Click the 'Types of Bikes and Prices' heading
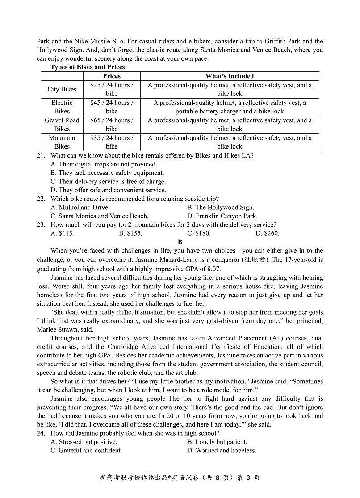[x=88, y=67]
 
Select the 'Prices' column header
[x=112, y=76]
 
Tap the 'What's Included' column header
[x=230, y=76]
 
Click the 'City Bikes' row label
[x=62, y=89]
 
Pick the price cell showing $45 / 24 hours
[x=112, y=107]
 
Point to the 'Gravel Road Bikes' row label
[x=62, y=124]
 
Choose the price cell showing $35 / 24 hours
[x=112, y=142]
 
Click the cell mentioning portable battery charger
[x=230, y=107]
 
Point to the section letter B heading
[x=180, y=242]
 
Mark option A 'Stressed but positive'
[x=84, y=442]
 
